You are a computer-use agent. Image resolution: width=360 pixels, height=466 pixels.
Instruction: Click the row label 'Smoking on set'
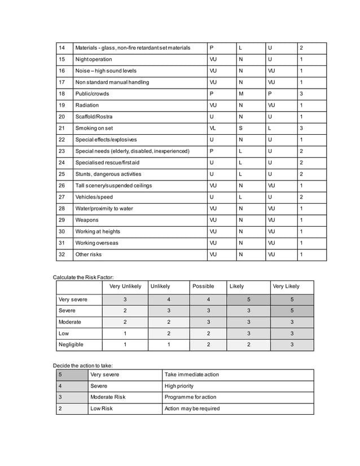pyautogui.click(x=94, y=128)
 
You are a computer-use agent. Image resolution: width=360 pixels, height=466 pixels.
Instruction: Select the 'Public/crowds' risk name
pyautogui.click(x=92, y=94)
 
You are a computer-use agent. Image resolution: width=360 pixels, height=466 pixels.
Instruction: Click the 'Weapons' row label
pyautogui.click(x=87, y=220)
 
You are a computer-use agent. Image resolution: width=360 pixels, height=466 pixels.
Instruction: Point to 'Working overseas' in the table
pyautogui.click(x=97, y=243)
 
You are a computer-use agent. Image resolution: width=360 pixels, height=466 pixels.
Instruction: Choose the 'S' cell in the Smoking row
pyautogui.click(x=241, y=128)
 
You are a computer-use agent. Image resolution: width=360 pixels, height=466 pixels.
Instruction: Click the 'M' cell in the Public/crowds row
pyautogui.click(x=241, y=94)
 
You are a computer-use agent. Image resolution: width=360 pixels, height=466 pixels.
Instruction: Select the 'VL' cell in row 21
pyautogui.click(x=213, y=128)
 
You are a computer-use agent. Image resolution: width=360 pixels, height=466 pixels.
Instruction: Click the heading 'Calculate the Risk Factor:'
pyautogui.click(x=84, y=277)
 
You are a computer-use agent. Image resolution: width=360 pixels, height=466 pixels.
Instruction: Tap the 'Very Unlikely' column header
pyautogui.click(x=125, y=287)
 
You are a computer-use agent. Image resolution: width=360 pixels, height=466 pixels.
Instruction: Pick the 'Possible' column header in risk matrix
pyautogui.click(x=203, y=287)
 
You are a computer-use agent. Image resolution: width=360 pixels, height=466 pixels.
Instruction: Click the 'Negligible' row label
pyautogui.click(x=71, y=344)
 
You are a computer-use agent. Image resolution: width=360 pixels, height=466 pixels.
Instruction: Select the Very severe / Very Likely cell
pyautogui.click(x=292, y=300)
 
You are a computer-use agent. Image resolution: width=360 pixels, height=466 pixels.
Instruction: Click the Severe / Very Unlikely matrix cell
pyautogui.click(x=125, y=311)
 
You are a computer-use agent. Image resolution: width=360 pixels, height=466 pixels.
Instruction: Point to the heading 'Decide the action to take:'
pyautogui.click(x=82, y=366)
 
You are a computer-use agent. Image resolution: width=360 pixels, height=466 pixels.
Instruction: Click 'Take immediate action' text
pyautogui.click(x=191, y=375)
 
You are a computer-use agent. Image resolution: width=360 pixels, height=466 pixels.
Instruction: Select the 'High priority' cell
pyautogui.click(x=179, y=386)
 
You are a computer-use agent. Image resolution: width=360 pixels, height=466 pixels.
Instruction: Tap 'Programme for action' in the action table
pyautogui.click(x=190, y=397)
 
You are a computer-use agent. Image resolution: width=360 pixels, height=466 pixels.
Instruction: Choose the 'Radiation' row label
pyautogui.click(x=87, y=105)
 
